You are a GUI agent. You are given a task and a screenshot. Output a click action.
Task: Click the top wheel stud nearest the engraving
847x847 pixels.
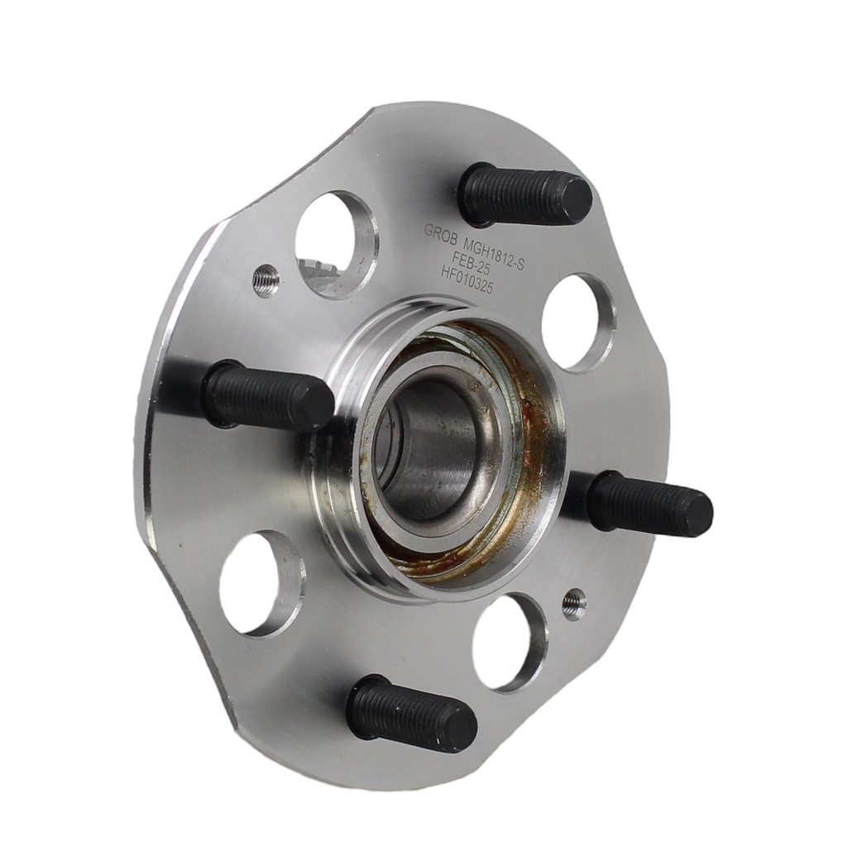pos(523,196)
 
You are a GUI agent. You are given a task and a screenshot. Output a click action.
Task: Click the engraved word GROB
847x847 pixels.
pos(440,232)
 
